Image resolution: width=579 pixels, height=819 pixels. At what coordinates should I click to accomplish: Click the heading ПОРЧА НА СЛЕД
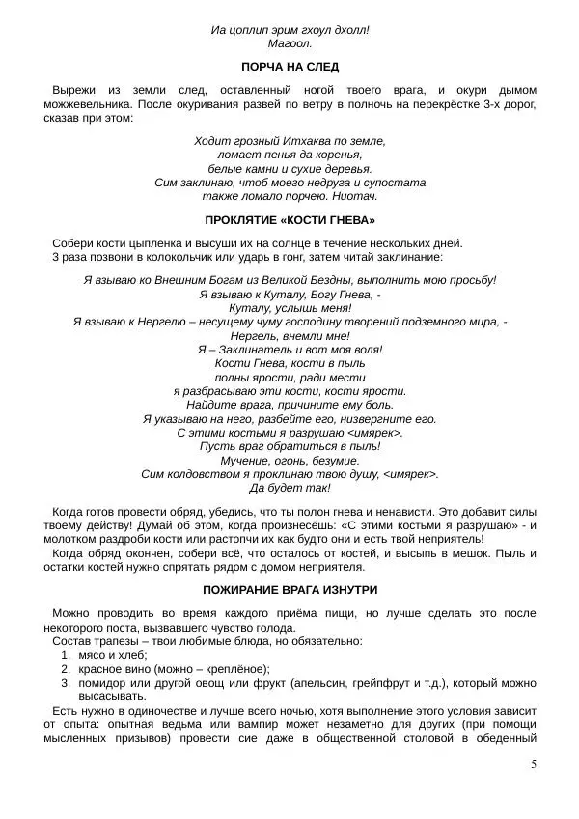coord(289,67)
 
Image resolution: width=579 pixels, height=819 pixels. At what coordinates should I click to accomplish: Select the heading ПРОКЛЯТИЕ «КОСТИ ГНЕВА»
coord(289,219)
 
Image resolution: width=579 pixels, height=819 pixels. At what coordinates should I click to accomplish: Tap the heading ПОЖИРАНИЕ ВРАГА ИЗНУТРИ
coord(289,589)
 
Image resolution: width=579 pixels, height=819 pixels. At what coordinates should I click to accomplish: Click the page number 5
coord(534,765)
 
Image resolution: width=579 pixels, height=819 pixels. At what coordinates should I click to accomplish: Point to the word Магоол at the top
coord(289,43)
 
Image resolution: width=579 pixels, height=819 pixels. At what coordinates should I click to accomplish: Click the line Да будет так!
coord(289,488)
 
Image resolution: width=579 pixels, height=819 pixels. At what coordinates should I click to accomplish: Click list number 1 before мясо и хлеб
coord(66,655)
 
